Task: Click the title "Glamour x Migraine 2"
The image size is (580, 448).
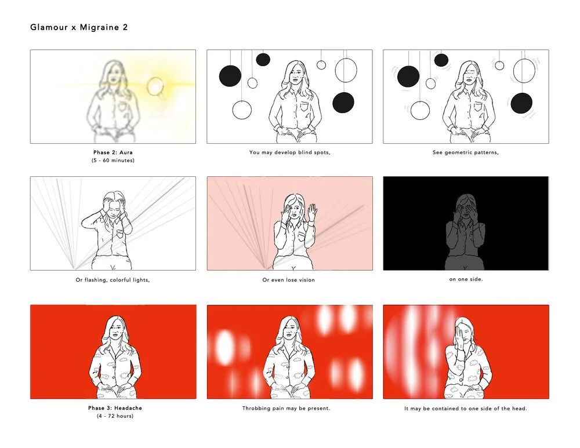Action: pyautogui.click(x=79, y=27)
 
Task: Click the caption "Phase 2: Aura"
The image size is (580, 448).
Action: pyautogui.click(x=113, y=152)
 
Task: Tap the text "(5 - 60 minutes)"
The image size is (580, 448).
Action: pyautogui.click(x=113, y=161)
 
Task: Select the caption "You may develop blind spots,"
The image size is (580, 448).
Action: pyautogui.click(x=289, y=152)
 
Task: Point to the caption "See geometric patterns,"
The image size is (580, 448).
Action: pyautogui.click(x=466, y=152)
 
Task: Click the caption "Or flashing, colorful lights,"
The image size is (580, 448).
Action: pyautogui.click(x=113, y=280)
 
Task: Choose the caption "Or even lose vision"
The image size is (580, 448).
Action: pyautogui.click(x=288, y=280)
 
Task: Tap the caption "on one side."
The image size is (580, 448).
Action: pyautogui.click(x=466, y=279)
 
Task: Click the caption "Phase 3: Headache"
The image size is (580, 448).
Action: pyautogui.click(x=115, y=408)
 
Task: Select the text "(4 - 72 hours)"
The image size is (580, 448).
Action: pyautogui.click(x=115, y=416)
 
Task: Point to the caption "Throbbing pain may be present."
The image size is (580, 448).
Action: pyautogui.click(x=286, y=409)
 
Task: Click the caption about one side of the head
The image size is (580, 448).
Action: pyautogui.click(x=466, y=409)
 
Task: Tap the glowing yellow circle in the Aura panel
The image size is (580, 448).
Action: pyautogui.click(x=155, y=86)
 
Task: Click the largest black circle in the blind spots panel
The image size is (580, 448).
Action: pyautogui.click(x=230, y=76)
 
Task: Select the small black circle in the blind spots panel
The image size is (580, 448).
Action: pyautogui.click(x=263, y=60)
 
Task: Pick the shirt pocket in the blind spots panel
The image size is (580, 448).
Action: pyautogui.click(x=304, y=108)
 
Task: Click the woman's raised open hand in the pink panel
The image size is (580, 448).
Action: pyautogui.click(x=313, y=212)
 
